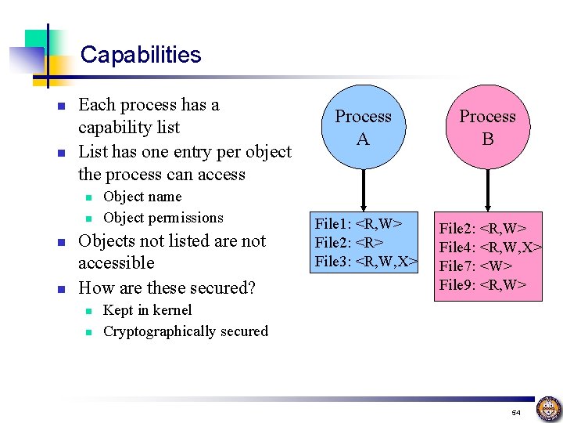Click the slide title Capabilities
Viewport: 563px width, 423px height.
[141, 55]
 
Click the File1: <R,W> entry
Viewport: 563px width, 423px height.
[358, 224]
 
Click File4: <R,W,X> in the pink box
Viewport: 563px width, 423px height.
[490, 248]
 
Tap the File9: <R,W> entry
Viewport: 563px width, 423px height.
[482, 284]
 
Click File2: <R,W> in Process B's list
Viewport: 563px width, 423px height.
[482, 229]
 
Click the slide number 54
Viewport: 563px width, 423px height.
[515, 412]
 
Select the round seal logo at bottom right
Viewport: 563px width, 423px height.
[547, 409]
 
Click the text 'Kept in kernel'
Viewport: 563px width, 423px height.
[147, 310]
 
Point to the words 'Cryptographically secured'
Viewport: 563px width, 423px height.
[185, 331]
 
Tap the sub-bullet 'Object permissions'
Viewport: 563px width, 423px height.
[163, 218]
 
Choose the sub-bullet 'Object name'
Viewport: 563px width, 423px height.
[142, 197]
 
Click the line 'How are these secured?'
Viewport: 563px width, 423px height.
[167, 287]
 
